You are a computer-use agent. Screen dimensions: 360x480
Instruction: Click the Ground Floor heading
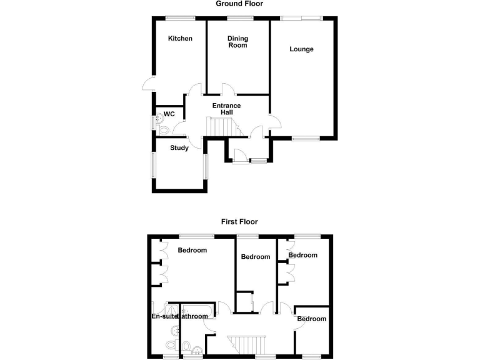coord(239,4)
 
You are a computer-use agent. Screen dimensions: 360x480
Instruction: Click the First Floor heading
coord(239,221)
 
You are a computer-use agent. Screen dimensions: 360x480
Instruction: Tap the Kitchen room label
coord(180,39)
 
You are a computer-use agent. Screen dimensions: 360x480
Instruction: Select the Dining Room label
coord(237,42)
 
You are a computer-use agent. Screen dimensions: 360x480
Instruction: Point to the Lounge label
coord(301,49)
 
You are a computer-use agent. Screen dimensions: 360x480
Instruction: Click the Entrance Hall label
coord(226,109)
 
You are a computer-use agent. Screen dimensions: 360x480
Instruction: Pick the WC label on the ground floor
coord(169,115)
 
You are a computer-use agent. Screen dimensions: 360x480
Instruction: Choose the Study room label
coord(179,148)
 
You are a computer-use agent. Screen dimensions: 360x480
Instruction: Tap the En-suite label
coord(164,316)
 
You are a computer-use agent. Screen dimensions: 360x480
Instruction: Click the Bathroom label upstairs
coord(193,316)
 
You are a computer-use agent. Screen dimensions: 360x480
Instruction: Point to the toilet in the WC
coord(162,130)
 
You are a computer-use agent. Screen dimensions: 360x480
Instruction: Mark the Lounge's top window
coord(301,18)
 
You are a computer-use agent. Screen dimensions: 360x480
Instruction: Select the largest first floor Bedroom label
coord(192,251)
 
